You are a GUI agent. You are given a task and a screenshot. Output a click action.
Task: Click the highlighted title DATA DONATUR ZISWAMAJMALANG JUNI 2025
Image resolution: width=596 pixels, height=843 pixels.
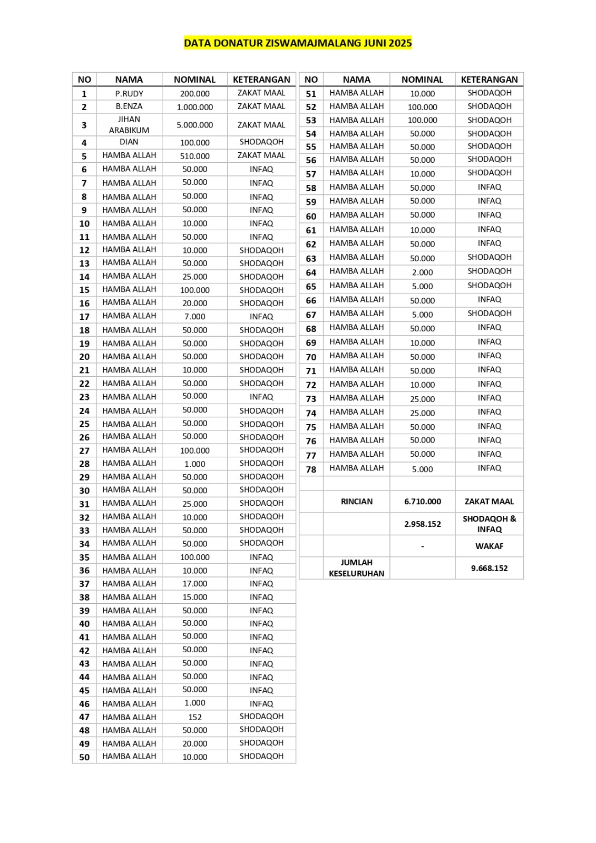(298, 43)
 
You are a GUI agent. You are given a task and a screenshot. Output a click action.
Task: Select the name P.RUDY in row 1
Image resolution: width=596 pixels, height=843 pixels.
(129, 94)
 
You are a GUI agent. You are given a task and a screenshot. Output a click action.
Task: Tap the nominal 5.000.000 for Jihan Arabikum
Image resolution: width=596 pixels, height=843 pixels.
(195, 125)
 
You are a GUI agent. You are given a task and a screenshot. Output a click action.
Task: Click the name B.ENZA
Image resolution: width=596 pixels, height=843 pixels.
(129, 106)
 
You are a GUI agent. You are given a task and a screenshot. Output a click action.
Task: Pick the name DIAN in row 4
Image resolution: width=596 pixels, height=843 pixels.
(129, 142)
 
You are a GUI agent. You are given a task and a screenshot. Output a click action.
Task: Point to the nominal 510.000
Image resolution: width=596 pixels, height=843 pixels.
(195, 156)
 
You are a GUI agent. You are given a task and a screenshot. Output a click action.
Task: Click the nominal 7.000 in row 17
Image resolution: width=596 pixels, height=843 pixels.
(195, 317)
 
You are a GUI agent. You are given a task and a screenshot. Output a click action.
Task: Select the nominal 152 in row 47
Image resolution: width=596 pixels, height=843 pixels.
(195, 717)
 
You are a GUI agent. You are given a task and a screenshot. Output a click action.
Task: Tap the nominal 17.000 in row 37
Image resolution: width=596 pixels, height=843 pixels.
(195, 584)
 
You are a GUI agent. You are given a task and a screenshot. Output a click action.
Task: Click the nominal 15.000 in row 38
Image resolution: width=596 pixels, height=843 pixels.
(195, 597)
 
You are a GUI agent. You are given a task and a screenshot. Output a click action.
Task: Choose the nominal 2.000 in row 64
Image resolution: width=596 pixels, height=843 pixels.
(423, 272)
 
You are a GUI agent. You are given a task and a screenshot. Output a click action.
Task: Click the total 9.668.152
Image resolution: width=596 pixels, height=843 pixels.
(489, 568)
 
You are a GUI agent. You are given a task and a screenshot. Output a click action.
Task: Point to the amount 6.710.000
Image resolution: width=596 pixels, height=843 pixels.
(423, 502)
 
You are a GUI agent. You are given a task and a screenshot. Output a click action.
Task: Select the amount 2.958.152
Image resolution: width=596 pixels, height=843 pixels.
(423, 524)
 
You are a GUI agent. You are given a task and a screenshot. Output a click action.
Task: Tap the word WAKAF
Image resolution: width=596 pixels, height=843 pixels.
(489, 546)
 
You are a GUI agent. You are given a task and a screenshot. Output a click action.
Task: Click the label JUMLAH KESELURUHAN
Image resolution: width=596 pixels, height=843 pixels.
(357, 568)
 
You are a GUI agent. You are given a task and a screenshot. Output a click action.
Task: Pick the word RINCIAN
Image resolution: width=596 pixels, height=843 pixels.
(357, 502)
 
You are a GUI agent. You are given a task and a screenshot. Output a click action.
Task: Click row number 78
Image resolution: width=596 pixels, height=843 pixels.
(311, 469)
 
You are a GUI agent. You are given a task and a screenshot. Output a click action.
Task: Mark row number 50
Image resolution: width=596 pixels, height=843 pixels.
(84, 757)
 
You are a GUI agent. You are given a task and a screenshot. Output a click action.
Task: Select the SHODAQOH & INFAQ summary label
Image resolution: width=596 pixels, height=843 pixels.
(489, 524)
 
